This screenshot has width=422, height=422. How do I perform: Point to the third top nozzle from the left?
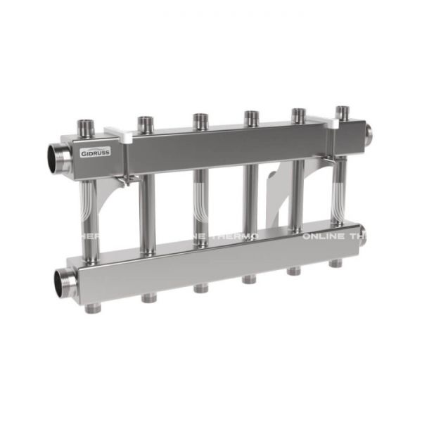(200, 120)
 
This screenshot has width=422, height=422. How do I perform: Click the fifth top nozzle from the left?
(299, 114)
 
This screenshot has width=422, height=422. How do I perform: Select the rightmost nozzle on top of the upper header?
(343, 111)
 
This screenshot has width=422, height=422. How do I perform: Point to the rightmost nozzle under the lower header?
(336, 263)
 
